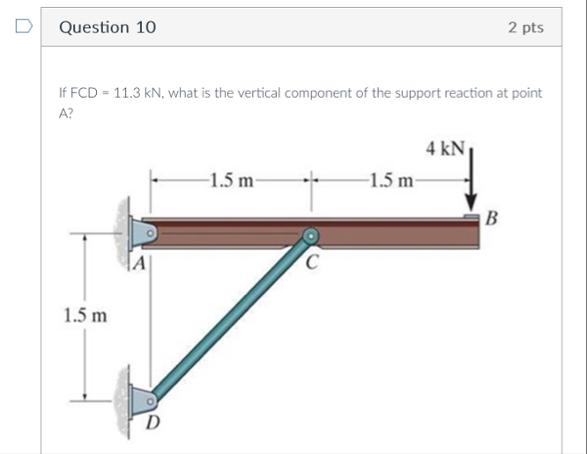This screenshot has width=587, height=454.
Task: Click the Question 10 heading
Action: coord(108,27)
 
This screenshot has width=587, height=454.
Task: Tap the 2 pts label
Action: coord(525,27)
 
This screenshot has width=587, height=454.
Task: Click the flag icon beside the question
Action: coord(24,26)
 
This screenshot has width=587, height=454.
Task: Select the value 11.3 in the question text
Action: coord(127,92)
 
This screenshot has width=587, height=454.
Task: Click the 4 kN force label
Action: coord(445,148)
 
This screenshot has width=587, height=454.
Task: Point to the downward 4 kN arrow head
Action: coord(471,202)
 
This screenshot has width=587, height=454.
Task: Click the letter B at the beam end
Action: coord(492,218)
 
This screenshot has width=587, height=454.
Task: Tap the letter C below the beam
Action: coord(312,262)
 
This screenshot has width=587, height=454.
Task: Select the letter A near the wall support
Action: coord(139,263)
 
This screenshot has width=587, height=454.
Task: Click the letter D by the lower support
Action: coord(152,422)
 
